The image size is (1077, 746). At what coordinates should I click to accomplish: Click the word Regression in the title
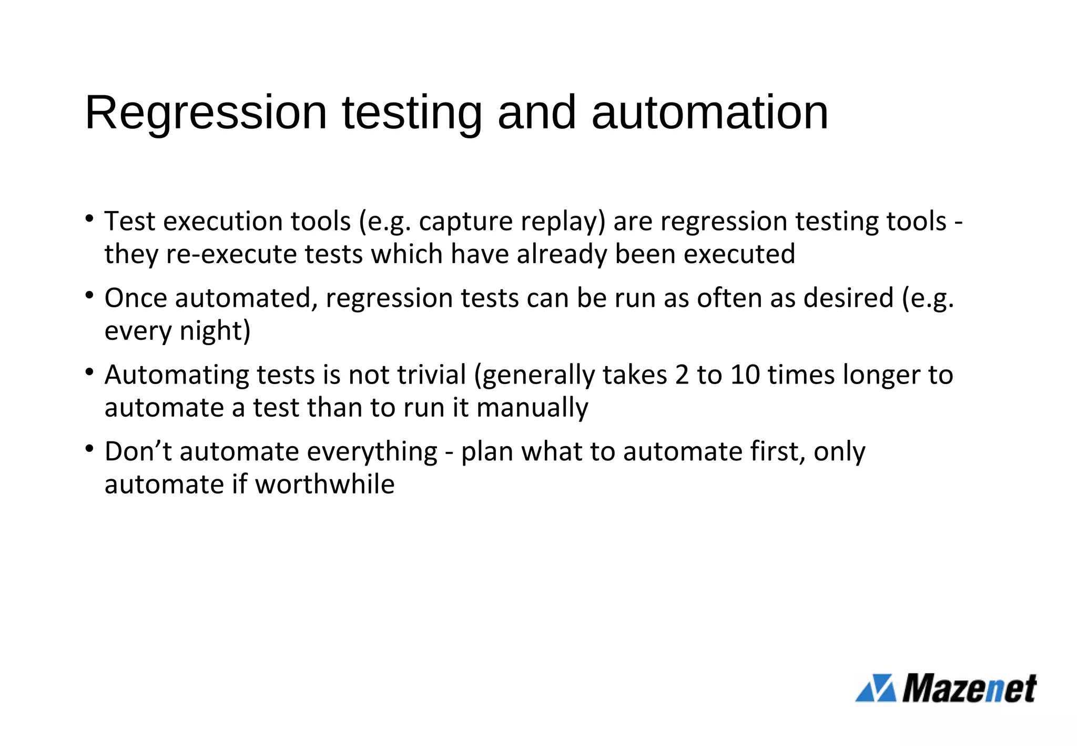[x=206, y=113]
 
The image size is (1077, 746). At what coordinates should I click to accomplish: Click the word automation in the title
[x=709, y=113]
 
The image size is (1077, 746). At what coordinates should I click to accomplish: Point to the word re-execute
[x=231, y=255]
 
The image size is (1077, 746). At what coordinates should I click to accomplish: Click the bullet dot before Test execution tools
[x=89, y=218]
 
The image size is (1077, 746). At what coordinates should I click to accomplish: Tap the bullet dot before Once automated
[x=89, y=295]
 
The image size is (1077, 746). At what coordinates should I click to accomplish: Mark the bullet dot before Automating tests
[x=89, y=371]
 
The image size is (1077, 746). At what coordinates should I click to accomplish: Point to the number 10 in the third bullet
[x=745, y=375]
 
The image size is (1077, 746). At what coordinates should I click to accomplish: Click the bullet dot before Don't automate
[x=89, y=448]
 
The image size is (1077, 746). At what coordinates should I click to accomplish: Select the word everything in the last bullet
[x=372, y=452]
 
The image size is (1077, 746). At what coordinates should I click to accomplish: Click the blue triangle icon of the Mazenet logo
[x=876, y=688]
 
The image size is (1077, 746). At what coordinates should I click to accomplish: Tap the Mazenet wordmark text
[x=969, y=688]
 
